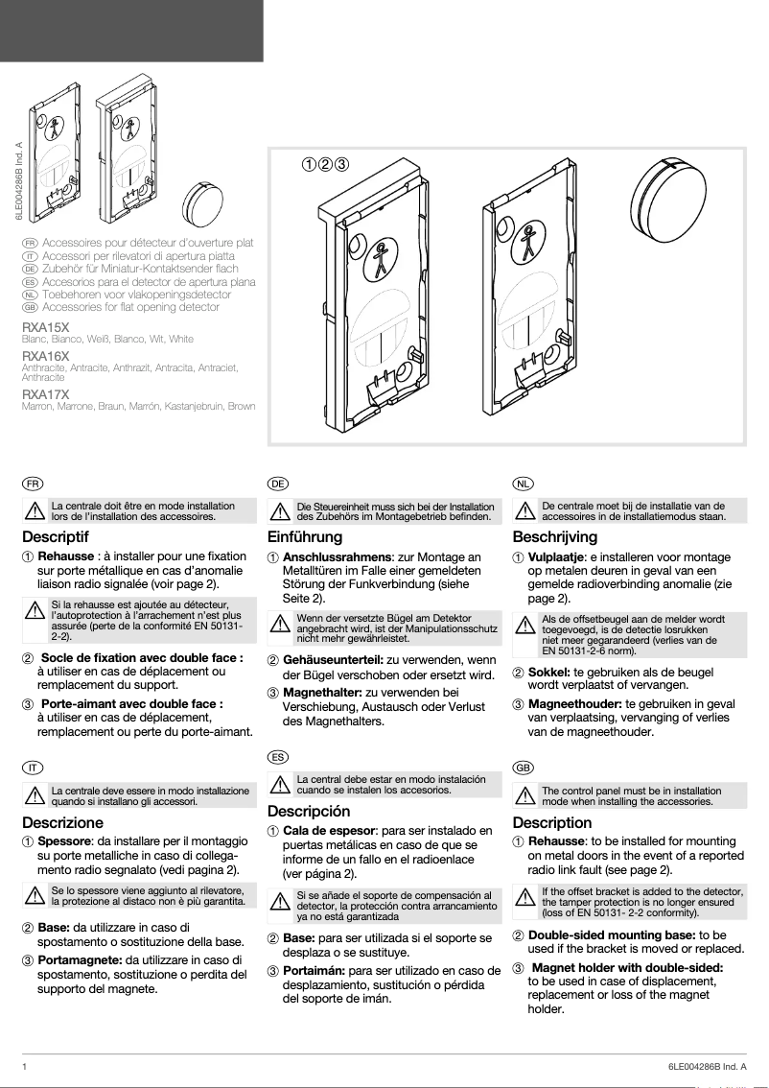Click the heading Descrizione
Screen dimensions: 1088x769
click(62, 822)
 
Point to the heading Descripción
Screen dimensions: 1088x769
click(309, 812)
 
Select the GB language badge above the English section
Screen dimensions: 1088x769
click(523, 768)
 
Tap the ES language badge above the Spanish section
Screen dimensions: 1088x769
click(277, 757)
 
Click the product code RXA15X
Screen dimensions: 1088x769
click(45, 327)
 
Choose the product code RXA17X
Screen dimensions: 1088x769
click(45, 394)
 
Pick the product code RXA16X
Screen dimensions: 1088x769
click(45, 356)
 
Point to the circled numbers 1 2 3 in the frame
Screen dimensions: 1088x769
click(325, 163)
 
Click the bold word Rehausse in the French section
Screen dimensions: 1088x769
click(65, 556)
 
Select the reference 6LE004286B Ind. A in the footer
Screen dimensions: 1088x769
click(706, 1066)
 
